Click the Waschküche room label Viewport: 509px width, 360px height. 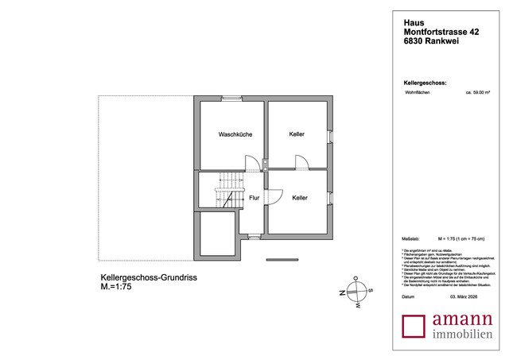click(235, 135)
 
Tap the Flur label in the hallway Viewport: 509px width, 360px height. click(254, 198)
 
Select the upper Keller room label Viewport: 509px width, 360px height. click(297, 134)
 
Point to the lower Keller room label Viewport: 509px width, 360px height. click(300, 198)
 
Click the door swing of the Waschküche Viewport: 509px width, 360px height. click(251, 164)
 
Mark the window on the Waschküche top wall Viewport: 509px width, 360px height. click(231, 99)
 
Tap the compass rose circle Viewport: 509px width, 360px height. click(357, 292)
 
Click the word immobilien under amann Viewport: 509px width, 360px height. click(461, 337)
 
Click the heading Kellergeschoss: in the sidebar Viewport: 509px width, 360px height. click(425, 83)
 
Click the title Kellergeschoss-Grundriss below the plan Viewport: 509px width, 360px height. click(149, 277)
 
